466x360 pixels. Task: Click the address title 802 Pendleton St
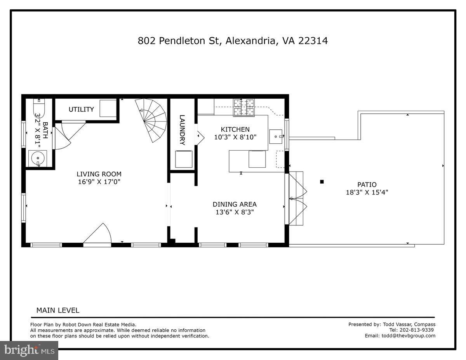click(x=233, y=41)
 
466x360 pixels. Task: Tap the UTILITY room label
click(x=81, y=110)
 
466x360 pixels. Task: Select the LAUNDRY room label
click(x=182, y=130)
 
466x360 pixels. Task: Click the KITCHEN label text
click(x=235, y=129)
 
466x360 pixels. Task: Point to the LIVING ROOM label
click(x=99, y=174)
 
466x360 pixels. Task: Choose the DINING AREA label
click(x=234, y=204)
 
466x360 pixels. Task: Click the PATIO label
click(x=367, y=184)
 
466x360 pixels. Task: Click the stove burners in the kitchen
click(x=243, y=108)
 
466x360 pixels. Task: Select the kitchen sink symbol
click(x=277, y=136)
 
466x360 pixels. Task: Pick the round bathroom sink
click(x=37, y=158)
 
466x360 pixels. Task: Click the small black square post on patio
click(x=322, y=181)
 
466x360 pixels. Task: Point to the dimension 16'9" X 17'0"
click(x=99, y=182)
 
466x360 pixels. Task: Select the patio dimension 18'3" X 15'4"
click(x=367, y=192)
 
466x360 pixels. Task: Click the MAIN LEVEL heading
click(x=57, y=310)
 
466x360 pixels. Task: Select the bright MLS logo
click(x=29, y=350)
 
